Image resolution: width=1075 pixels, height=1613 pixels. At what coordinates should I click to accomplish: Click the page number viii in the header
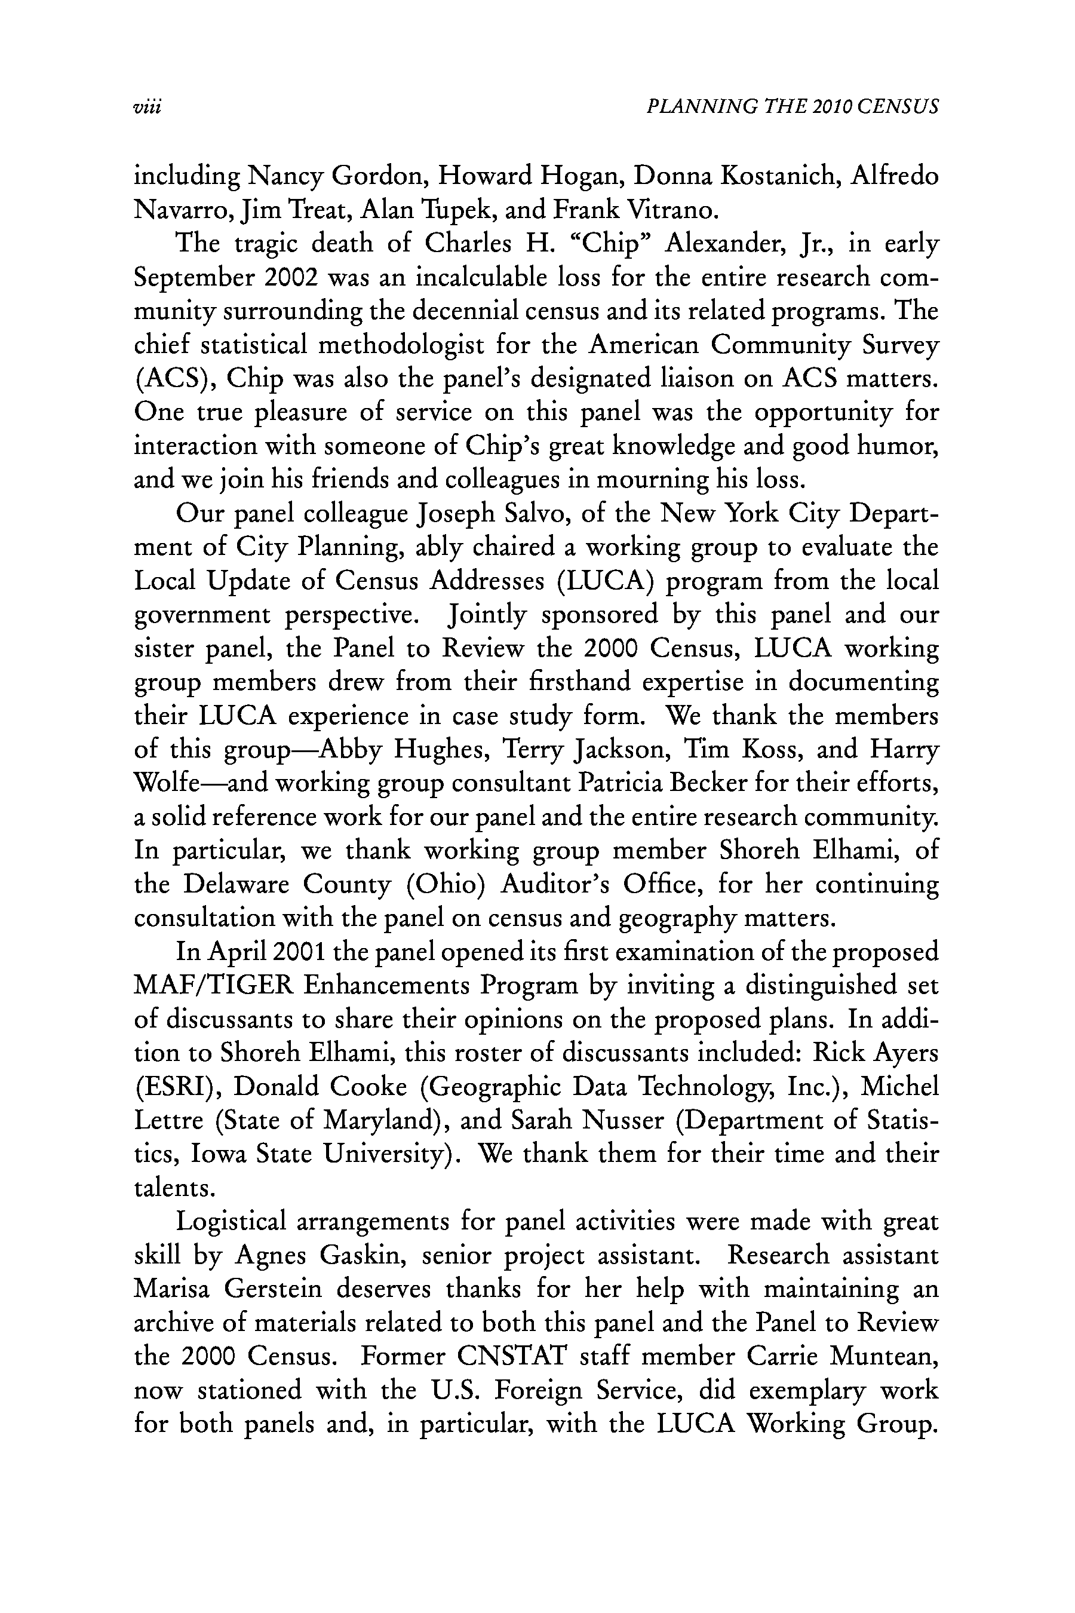coord(147,107)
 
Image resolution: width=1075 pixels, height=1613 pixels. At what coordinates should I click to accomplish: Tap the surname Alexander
coord(726,244)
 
